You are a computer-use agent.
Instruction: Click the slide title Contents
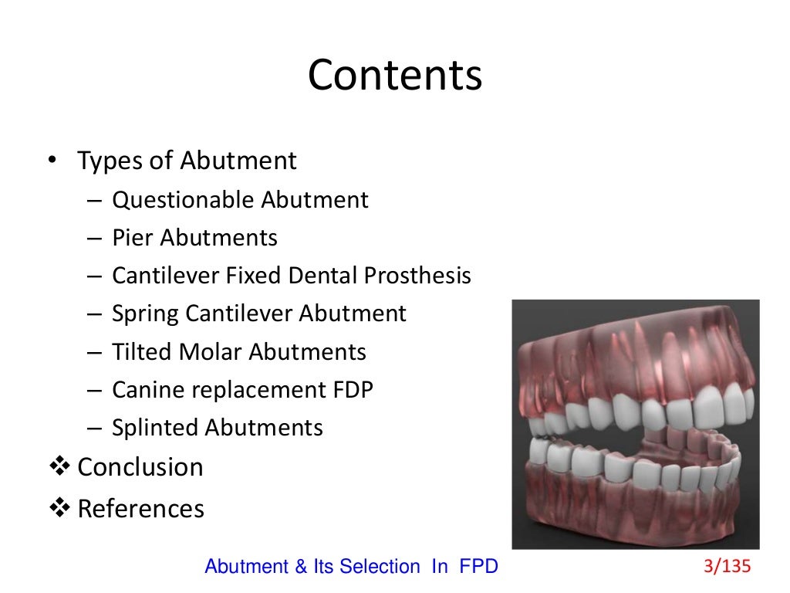[x=395, y=76]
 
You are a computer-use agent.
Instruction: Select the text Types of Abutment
[x=187, y=161]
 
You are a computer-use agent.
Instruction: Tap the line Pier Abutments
[x=194, y=238]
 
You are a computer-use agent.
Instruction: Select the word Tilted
[x=142, y=352]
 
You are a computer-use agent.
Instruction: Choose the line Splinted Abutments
[x=218, y=428]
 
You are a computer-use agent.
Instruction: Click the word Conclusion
[x=140, y=467]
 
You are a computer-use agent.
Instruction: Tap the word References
[x=141, y=509]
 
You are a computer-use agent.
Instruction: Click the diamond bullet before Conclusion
[x=59, y=467]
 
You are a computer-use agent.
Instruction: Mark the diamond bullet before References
[x=59, y=509]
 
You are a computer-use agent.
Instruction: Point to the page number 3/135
[x=727, y=567]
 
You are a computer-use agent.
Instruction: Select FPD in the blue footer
[x=478, y=567]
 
